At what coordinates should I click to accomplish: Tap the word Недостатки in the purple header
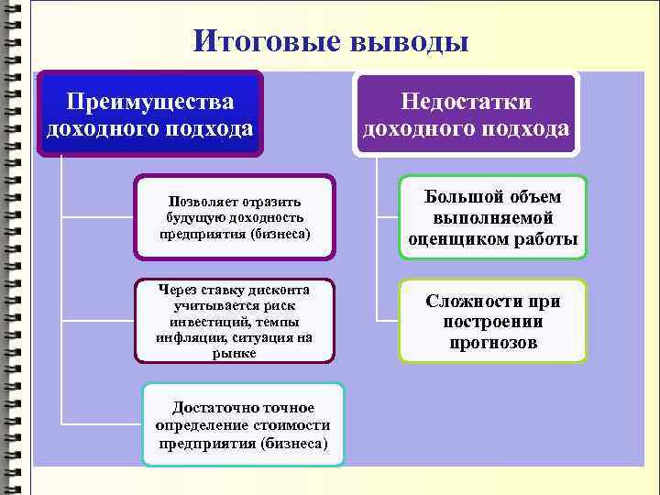[x=467, y=104]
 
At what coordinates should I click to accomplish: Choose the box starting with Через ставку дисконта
[x=234, y=319]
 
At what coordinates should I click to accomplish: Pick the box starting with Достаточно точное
[x=244, y=424]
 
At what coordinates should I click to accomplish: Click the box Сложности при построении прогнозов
[x=493, y=322]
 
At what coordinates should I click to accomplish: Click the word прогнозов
[x=493, y=344]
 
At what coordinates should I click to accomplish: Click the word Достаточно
[x=209, y=407]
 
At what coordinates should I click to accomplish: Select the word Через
[x=180, y=287]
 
